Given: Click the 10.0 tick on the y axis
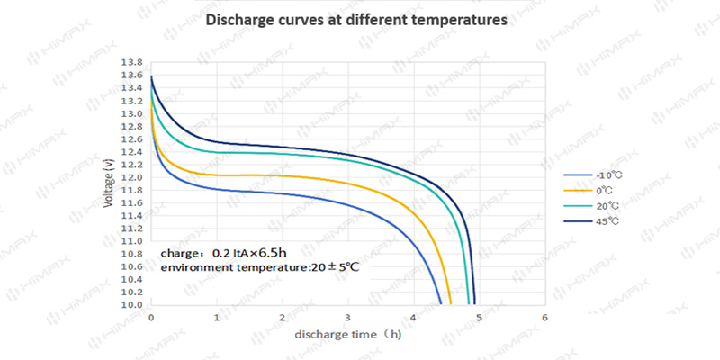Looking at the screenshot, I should [x=131, y=305].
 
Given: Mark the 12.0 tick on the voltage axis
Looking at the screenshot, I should [x=131, y=178].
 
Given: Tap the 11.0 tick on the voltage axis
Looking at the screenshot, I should [x=131, y=241].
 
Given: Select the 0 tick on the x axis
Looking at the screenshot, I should [x=151, y=319].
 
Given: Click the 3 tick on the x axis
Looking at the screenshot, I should [x=348, y=319].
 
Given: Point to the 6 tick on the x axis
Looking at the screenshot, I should [x=545, y=319].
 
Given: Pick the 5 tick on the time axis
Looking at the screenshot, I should [x=480, y=319].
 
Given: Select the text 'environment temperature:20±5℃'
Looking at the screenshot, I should [x=260, y=268].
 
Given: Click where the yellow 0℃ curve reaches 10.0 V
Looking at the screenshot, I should [x=451, y=304].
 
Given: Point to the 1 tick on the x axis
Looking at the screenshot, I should [x=217, y=319].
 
